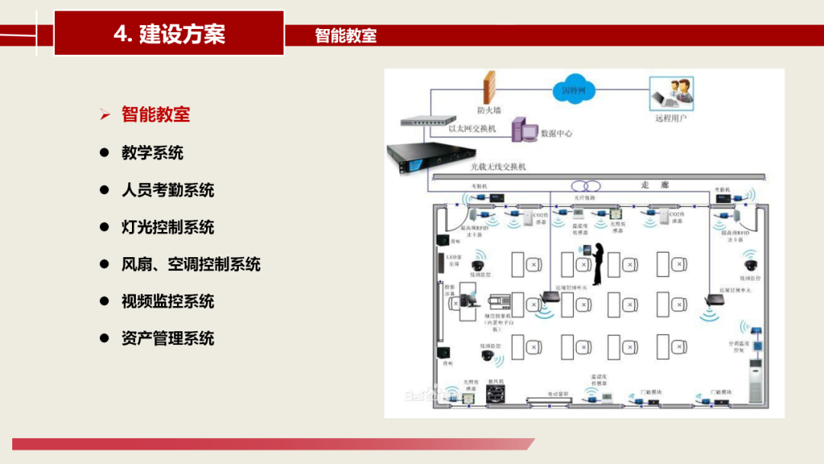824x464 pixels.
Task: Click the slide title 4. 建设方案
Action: [169, 34]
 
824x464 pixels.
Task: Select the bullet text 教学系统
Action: [153, 153]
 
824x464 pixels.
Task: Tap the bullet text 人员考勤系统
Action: [168, 190]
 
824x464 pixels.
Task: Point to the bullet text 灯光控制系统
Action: [168, 227]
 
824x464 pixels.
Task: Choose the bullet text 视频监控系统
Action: [168, 301]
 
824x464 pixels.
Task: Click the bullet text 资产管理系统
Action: [168, 338]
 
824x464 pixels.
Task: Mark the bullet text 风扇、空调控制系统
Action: [191, 264]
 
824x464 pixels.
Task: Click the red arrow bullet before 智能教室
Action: [105, 115]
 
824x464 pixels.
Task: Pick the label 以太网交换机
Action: [472, 129]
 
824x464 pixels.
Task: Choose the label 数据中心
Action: [556, 134]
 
